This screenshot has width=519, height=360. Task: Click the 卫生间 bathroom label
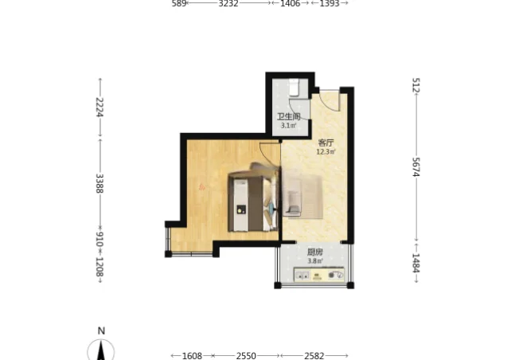pyautogui.click(x=289, y=116)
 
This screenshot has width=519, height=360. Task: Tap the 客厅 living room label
pyautogui.click(x=326, y=143)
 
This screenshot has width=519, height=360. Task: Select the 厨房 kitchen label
pyautogui.click(x=314, y=252)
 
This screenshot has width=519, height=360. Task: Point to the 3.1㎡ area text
pyautogui.click(x=289, y=126)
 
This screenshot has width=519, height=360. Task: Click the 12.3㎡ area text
pyautogui.click(x=326, y=152)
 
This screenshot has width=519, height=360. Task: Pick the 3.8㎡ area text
pyautogui.click(x=314, y=261)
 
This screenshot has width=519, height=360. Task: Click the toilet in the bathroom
pyautogui.click(x=294, y=88)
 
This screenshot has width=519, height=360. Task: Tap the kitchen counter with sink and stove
pyautogui.click(x=319, y=275)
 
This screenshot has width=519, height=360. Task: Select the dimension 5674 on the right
pyautogui.click(x=416, y=167)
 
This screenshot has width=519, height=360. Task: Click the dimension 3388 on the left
pyautogui.click(x=100, y=183)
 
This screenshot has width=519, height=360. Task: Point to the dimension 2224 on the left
pyautogui.click(x=100, y=107)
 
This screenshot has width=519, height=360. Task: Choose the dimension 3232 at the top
pyautogui.click(x=228, y=4)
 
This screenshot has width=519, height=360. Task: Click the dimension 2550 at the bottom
pyautogui.click(x=246, y=356)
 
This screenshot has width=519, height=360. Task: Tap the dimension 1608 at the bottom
pyautogui.click(x=192, y=356)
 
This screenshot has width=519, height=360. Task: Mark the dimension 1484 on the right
pyautogui.click(x=416, y=263)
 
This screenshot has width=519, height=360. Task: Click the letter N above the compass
pyautogui.click(x=101, y=331)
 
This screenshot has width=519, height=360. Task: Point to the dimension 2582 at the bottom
pyautogui.click(x=314, y=356)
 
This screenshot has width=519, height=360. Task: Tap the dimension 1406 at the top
pyautogui.click(x=290, y=4)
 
